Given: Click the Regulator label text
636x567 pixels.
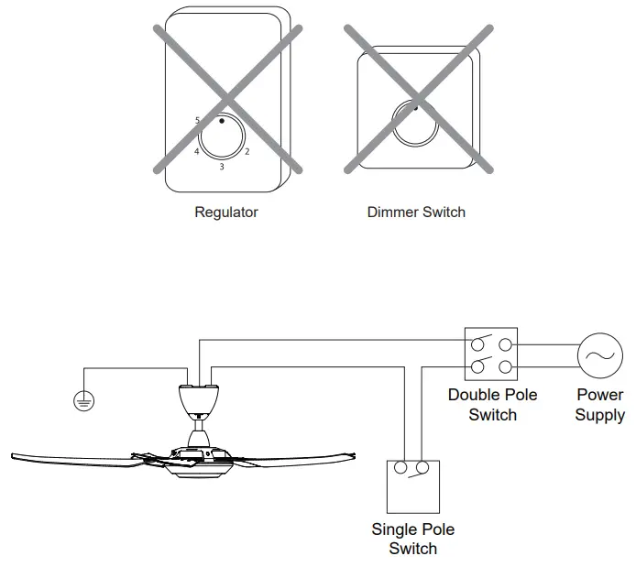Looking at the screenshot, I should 226,213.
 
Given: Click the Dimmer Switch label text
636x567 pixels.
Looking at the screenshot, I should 416,213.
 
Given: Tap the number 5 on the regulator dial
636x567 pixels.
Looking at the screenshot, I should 197,120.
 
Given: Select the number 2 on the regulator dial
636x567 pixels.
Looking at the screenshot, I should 247,151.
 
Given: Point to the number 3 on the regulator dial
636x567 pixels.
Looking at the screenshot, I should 221,167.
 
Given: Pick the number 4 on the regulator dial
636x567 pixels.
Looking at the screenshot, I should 196,151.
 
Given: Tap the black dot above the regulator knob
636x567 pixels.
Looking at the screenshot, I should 222,119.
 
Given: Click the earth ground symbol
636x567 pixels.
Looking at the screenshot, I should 83,401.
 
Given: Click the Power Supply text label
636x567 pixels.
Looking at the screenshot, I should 599,405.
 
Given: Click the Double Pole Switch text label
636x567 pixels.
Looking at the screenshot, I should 492,405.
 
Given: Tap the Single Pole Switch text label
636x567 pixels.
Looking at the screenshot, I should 412,539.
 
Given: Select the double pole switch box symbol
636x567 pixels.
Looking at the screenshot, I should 490,355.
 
